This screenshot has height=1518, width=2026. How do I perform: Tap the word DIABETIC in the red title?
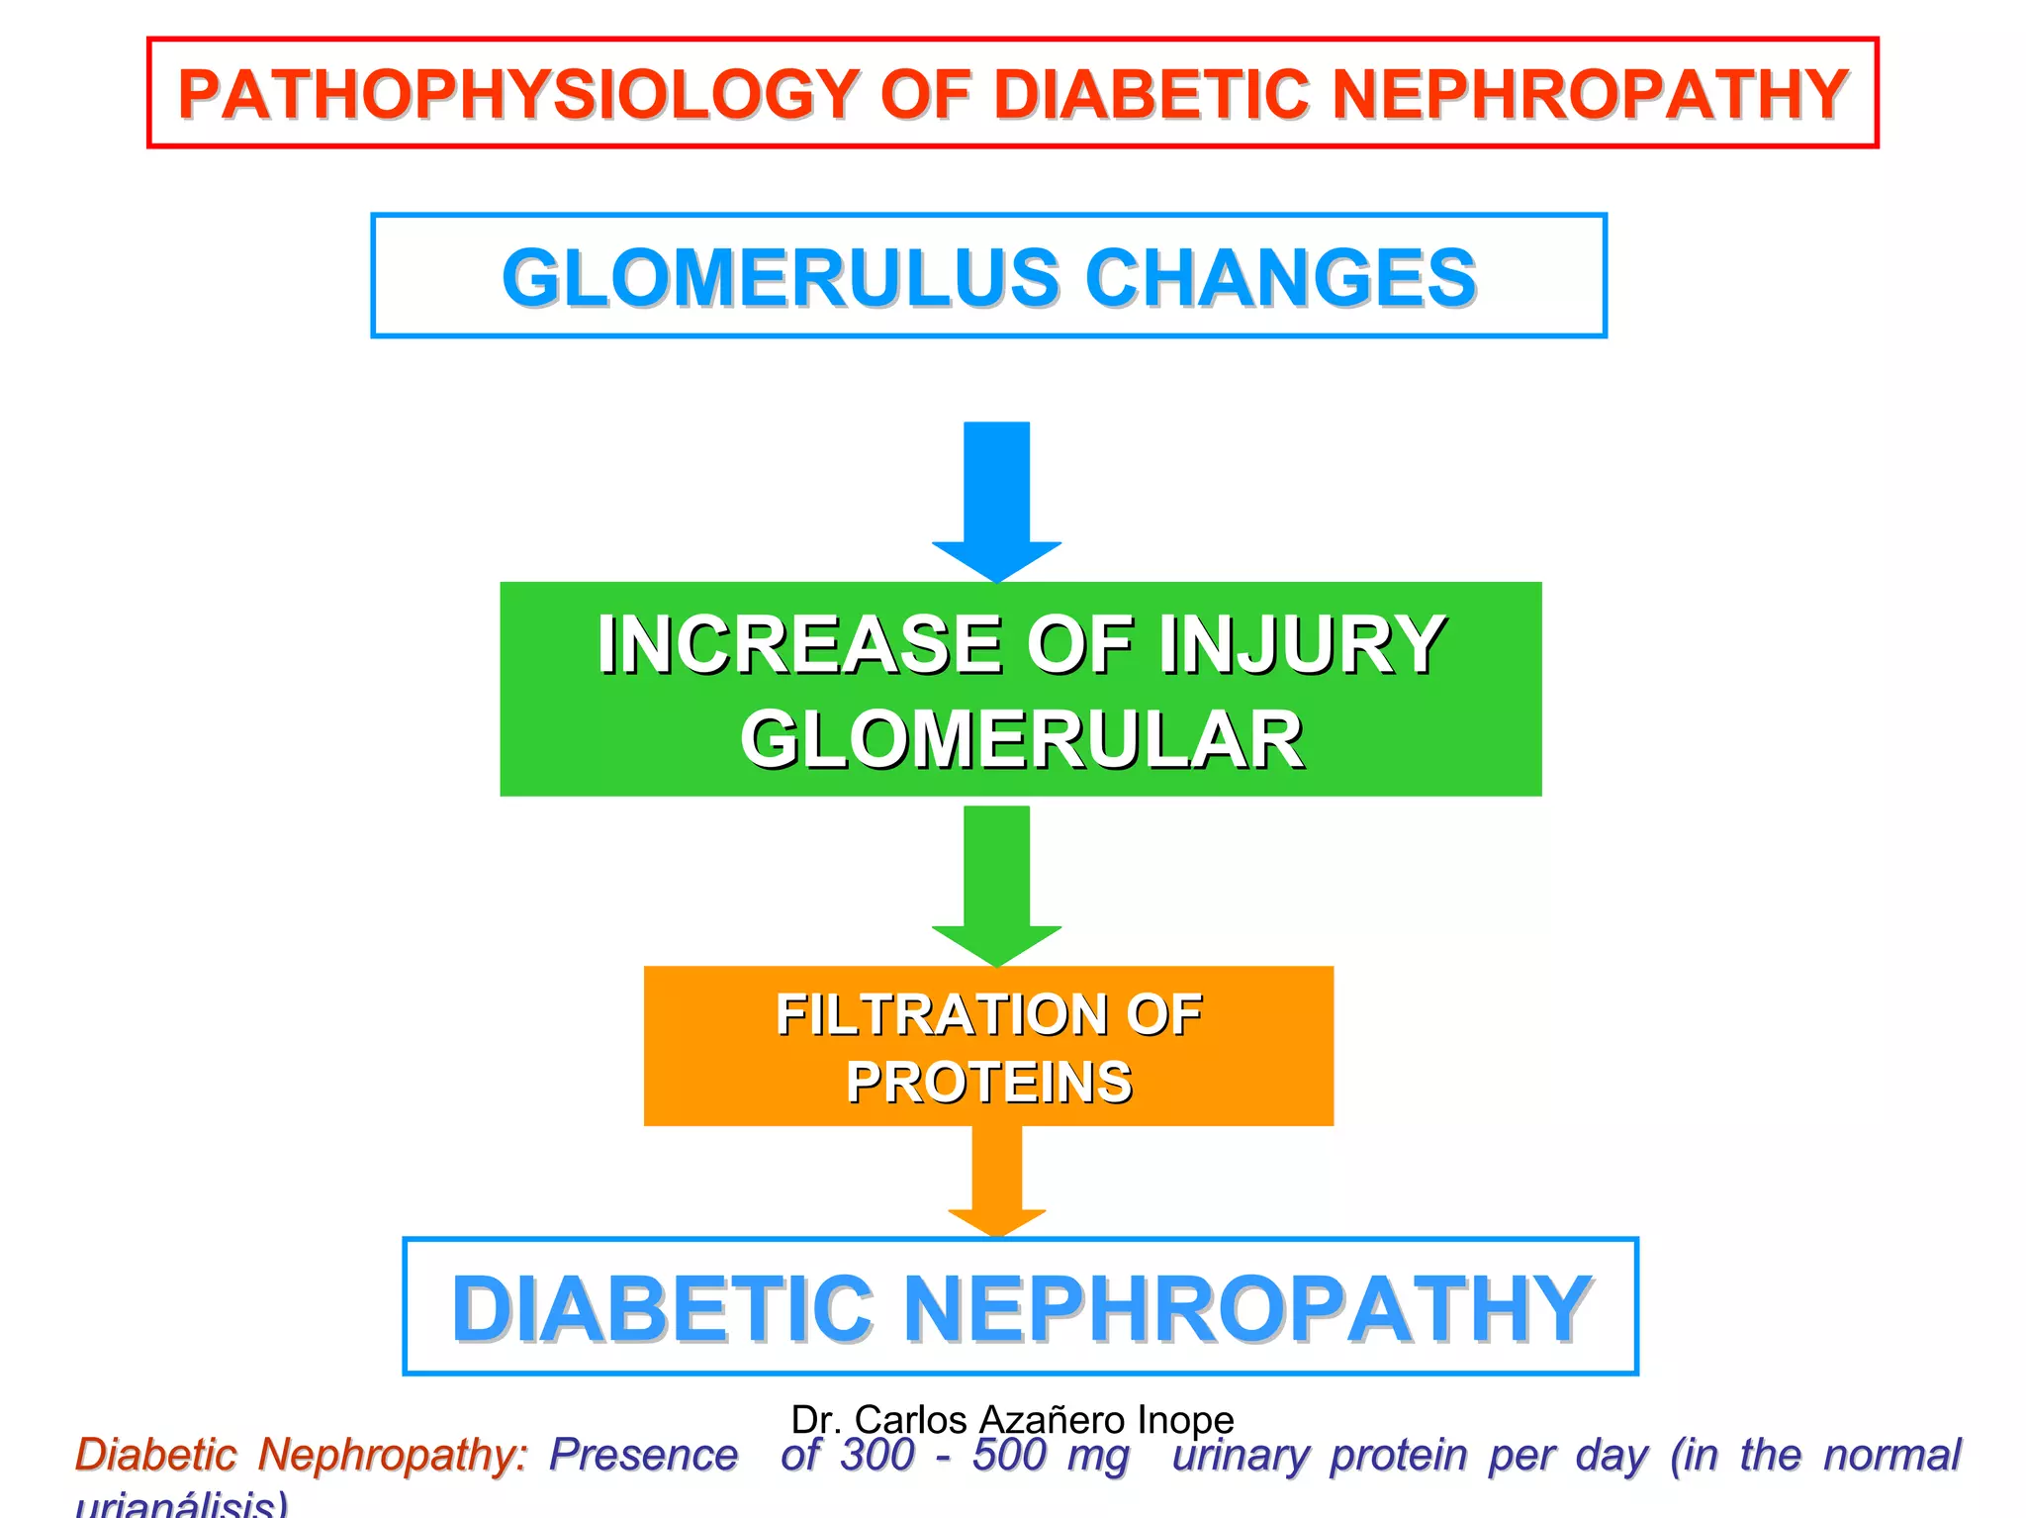point(1152,95)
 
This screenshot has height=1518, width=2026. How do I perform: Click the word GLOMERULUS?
point(782,278)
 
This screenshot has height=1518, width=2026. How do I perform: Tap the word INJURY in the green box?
point(1301,645)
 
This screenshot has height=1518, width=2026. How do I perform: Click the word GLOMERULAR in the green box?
point(1021,740)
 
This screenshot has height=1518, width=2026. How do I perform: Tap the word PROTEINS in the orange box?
point(988,1082)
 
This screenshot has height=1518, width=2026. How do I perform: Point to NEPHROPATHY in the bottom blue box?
point(1247,1308)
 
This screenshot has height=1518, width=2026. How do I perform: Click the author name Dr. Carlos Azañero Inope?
point(1012,1419)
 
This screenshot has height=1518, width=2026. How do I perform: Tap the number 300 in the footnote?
point(876,1456)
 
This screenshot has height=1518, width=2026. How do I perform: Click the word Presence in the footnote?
point(643,1456)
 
